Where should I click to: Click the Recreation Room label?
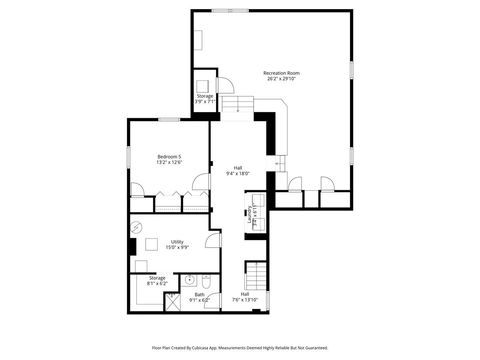tap(281, 72)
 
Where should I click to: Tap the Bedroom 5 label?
tap(170, 157)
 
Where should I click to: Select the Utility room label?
tap(177, 241)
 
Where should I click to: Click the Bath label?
tap(199, 294)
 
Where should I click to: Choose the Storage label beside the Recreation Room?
tap(203, 96)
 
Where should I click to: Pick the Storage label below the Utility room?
tap(157, 278)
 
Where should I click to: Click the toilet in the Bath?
tap(204, 280)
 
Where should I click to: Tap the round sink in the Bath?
tap(189, 279)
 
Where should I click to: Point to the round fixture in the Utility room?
tap(137, 228)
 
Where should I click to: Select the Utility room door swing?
tap(212, 240)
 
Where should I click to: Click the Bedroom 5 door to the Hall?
tap(201, 183)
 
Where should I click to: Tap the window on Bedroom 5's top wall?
tap(168, 119)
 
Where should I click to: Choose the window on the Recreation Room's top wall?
tap(230, 10)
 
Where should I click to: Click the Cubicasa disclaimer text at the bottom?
tap(240, 348)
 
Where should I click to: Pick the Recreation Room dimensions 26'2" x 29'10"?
tap(281, 79)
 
